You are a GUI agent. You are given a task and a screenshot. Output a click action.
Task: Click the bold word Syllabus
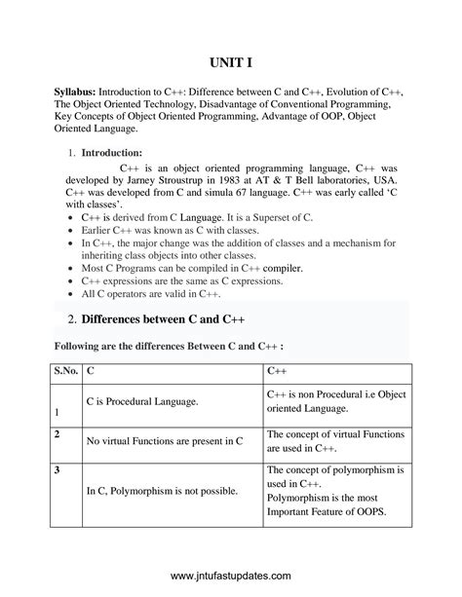pos(79,90)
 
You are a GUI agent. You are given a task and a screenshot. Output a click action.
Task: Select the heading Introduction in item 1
pos(111,152)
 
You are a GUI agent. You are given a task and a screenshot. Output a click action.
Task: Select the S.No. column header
pos(63,370)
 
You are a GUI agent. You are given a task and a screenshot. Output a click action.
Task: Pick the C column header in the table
pos(91,370)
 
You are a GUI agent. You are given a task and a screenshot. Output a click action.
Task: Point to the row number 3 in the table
pos(58,470)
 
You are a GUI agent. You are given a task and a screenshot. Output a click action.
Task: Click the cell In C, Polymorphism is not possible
pos(162,491)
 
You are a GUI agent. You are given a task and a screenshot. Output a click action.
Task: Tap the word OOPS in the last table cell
pos(367,512)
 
